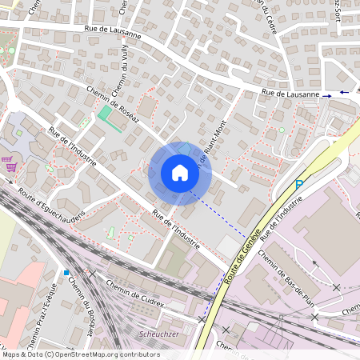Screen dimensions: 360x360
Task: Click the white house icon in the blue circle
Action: pyautogui.click(x=179, y=173)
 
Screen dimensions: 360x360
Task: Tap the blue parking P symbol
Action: pyautogui.click(x=299, y=186)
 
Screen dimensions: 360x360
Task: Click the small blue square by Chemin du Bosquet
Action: pyautogui.click(x=66, y=272)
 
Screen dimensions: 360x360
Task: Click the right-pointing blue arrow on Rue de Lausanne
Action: pyautogui.click(x=327, y=95)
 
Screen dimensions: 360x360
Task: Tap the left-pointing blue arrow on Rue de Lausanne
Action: pyautogui.click(x=343, y=92)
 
